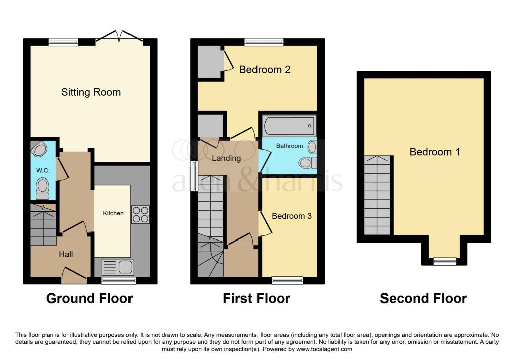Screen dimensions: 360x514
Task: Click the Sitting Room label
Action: click(91, 92)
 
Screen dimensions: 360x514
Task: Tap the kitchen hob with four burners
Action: click(140, 215)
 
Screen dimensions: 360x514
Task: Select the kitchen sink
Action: click(118, 266)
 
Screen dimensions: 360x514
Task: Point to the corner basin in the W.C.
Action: click(39, 149)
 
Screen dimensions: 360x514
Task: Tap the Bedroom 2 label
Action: click(265, 70)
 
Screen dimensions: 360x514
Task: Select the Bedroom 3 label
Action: click(292, 216)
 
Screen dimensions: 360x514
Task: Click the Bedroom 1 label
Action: click(435, 152)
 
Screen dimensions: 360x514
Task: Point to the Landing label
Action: click(226, 158)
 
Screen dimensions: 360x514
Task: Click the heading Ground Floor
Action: click(89, 299)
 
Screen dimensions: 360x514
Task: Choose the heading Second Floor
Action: click(423, 299)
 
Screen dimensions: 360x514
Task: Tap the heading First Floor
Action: click(256, 299)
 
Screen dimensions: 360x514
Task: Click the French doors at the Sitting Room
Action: click(119, 37)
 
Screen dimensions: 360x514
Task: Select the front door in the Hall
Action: click(74, 274)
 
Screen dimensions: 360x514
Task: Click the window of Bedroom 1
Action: click(445, 261)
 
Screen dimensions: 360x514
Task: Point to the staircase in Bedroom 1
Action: click(377, 196)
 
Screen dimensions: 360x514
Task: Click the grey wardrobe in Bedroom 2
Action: click(210, 62)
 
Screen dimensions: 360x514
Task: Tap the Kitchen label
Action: click(113, 213)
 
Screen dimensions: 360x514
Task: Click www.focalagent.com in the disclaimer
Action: click(324, 349)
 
